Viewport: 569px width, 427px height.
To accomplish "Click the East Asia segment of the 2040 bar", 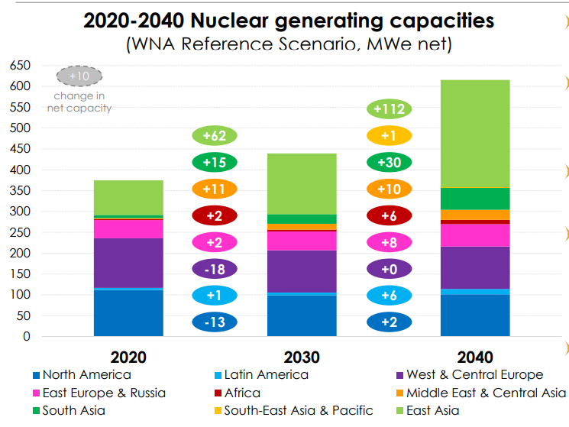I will (475, 134).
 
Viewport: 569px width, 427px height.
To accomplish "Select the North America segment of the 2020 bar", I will (128, 312).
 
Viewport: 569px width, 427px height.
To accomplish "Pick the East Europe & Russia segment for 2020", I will (128, 228).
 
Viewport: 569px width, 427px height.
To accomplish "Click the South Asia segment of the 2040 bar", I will (475, 199).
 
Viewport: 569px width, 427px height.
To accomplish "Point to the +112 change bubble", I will (390, 109).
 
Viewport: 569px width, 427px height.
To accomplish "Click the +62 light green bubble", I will (215, 136).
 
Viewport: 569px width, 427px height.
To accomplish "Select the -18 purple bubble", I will (215, 269).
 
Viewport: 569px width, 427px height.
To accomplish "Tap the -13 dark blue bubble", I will (215, 322).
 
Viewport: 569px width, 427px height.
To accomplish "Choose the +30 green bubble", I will (390, 162).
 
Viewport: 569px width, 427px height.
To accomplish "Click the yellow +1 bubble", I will (390, 136).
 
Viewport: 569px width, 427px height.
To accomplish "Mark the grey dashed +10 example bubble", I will (79, 76).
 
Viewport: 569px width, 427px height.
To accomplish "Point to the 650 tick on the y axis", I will (21, 66).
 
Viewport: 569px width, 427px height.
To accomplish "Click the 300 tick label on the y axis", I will (21, 212).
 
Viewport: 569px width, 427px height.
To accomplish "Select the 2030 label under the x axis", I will (302, 357).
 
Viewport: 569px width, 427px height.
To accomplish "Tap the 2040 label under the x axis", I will (475, 357).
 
